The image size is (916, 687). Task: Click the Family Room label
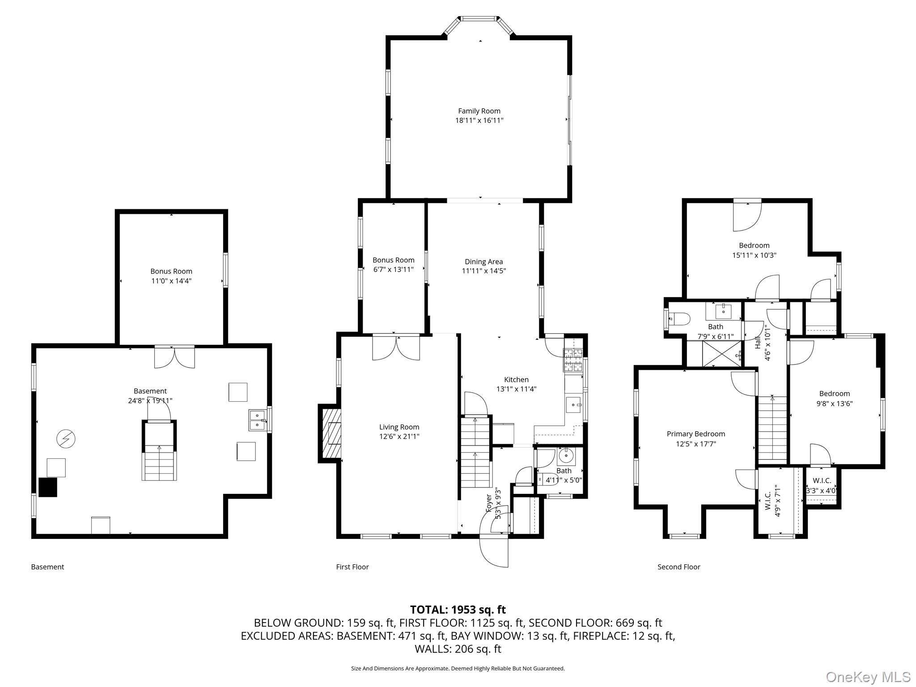coord(479,111)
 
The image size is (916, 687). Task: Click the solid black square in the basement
coord(48,487)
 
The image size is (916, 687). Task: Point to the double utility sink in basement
coord(257,420)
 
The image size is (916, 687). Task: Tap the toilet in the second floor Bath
coord(679,319)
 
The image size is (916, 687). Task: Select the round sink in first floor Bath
coord(566,456)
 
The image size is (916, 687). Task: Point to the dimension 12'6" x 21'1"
coord(399,437)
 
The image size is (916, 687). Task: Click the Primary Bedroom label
coord(695,434)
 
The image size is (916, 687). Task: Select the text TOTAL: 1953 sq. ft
coord(458,610)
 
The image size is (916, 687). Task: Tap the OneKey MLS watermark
coord(868,677)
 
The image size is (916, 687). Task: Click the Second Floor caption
coord(679,567)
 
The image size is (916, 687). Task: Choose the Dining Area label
coord(483,262)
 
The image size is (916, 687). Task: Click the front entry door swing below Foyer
coord(493,550)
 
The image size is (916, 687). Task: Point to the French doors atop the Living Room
coord(396,348)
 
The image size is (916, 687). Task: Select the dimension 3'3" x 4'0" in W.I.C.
coord(821,490)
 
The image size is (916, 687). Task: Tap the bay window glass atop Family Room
coord(479,19)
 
